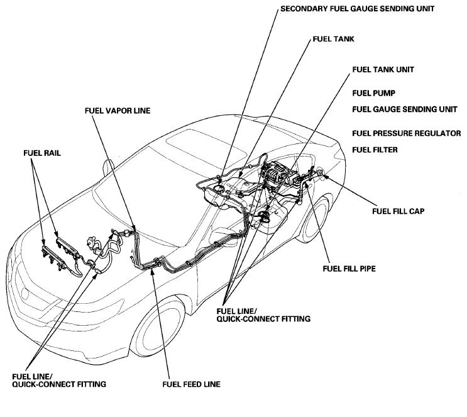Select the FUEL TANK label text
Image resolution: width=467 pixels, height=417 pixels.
[x=333, y=38]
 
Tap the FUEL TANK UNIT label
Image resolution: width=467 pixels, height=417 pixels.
[x=382, y=69]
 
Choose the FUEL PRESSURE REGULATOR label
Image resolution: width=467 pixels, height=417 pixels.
[x=407, y=133]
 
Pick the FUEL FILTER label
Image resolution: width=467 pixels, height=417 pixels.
[x=376, y=150]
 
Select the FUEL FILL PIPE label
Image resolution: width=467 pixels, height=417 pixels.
[x=350, y=267]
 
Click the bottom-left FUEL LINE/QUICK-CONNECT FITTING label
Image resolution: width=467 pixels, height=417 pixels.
[x=58, y=379]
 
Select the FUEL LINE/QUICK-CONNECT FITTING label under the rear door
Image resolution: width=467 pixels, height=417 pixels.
[x=263, y=314]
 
